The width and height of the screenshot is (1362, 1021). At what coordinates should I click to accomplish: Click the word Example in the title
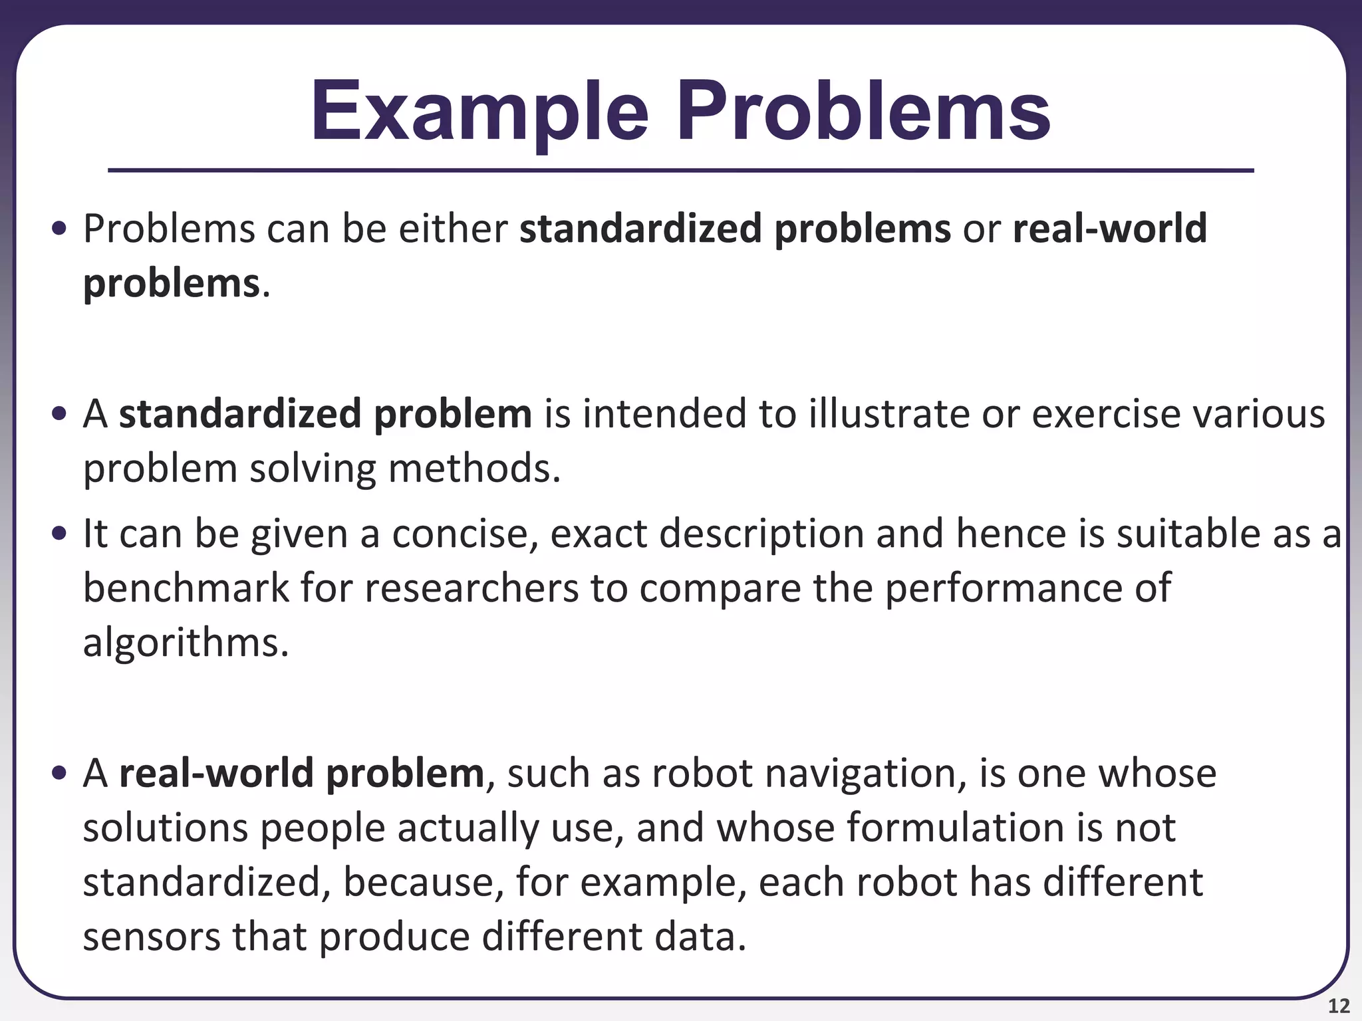(x=479, y=112)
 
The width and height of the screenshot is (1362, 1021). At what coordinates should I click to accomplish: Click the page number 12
(x=1338, y=1006)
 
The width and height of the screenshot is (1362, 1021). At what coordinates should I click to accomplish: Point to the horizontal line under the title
(x=680, y=171)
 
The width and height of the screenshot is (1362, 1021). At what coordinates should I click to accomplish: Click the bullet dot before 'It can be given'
(x=60, y=534)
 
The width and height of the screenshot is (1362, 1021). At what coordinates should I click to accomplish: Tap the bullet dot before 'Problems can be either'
(x=60, y=229)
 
